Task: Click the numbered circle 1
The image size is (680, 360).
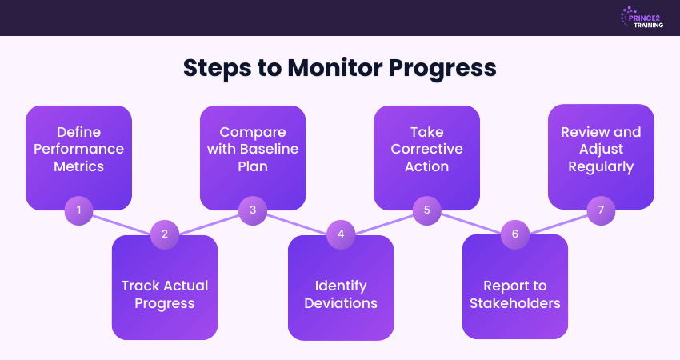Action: pos(78,210)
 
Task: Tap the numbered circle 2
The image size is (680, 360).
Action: pos(164,234)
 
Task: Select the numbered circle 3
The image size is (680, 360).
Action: pos(253,210)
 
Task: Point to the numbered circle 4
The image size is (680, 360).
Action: pos(340,234)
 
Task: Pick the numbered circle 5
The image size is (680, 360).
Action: pos(427,210)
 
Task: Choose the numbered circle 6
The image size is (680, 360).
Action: pos(514,234)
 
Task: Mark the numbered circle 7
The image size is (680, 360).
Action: pos(601,210)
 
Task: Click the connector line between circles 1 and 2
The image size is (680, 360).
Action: pos(122,222)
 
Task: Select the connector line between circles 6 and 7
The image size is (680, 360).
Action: pos(558,222)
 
